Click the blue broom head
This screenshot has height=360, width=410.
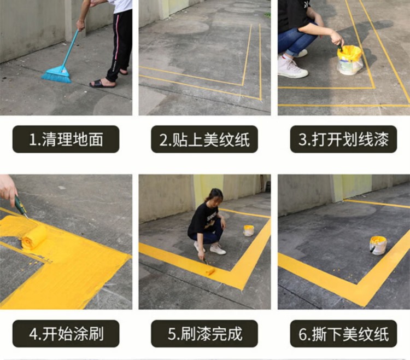(x=57, y=74)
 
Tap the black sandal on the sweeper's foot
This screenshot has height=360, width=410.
(x=103, y=84)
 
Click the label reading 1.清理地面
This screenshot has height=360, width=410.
(x=66, y=139)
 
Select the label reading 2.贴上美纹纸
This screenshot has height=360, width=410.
(x=204, y=139)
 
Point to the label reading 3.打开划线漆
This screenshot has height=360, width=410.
(x=344, y=139)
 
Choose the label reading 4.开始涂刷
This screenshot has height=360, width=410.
(x=66, y=334)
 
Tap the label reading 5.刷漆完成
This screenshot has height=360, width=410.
(x=204, y=334)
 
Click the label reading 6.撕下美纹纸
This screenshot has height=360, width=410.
(x=344, y=334)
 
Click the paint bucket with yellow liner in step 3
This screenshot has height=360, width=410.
(x=350, y=60)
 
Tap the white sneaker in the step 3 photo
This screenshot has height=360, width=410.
(x=292, y=67)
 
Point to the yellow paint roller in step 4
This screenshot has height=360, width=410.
(x=34, y=237)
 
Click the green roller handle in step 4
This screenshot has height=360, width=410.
(x=20, y=205)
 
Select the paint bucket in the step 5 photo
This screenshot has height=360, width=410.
(x=248, y=230)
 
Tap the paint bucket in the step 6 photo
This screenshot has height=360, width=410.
(x=378, y=245)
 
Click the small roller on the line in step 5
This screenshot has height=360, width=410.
(x=210, y=271)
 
